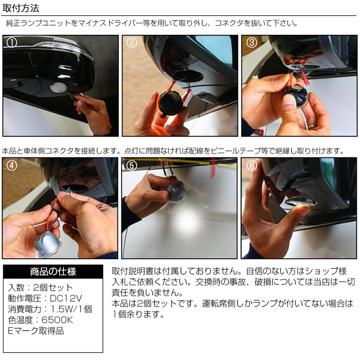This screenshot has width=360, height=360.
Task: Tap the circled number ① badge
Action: click(x=12, y=43)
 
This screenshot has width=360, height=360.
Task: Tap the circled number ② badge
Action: click(x=132, y=43)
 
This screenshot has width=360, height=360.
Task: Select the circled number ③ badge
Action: click(x=251, y=43)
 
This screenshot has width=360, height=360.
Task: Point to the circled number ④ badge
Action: click(x=12, y=166)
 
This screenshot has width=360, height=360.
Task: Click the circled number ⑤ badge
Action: click(x=132, y=166)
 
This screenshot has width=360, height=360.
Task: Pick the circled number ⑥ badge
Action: click(x=251, y=166)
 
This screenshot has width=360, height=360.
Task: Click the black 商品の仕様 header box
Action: click(x=53, y=271)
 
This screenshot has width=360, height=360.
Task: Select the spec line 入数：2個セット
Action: click(x=39, y=287)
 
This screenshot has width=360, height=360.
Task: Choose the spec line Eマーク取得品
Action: click(x=35, y=331)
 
